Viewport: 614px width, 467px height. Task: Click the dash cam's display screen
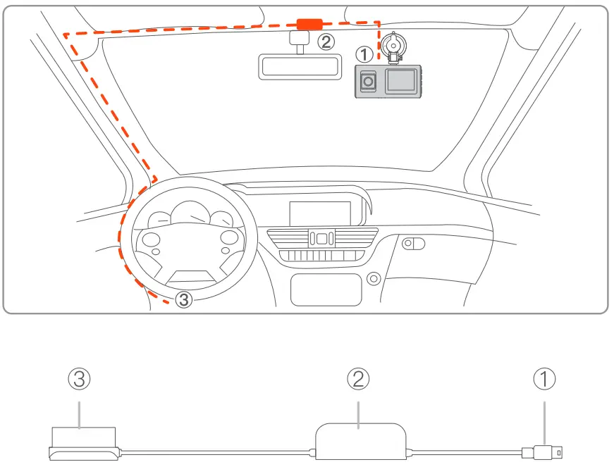(400, 81)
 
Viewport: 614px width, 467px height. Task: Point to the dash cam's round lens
(366, 83)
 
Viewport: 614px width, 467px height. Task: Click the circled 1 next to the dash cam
(364, 54)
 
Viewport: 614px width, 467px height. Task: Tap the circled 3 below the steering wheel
(183, 299)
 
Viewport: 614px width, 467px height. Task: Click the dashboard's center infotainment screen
(319, 213)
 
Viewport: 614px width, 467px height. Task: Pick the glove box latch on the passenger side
(413, 244)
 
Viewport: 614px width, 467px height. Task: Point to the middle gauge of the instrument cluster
(190, 213)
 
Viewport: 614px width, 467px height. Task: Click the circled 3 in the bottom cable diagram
(80, 380)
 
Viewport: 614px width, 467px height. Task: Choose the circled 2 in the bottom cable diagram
(358, 380)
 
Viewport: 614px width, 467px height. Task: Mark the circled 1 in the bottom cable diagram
(544, 380)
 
